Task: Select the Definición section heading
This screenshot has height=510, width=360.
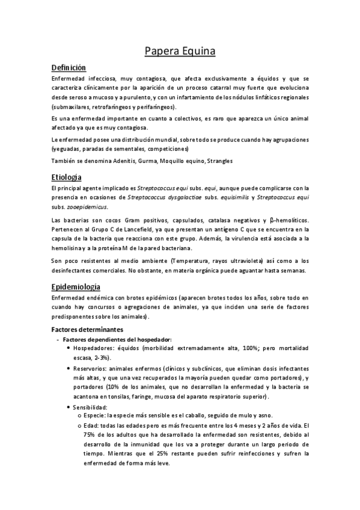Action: pyautogui.click(x=69, y=67)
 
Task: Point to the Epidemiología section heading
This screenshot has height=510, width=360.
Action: pyautogui.click(x=76, y=286)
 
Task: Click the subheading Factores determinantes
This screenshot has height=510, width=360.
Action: pyautogui.click(x=88, y=330)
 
